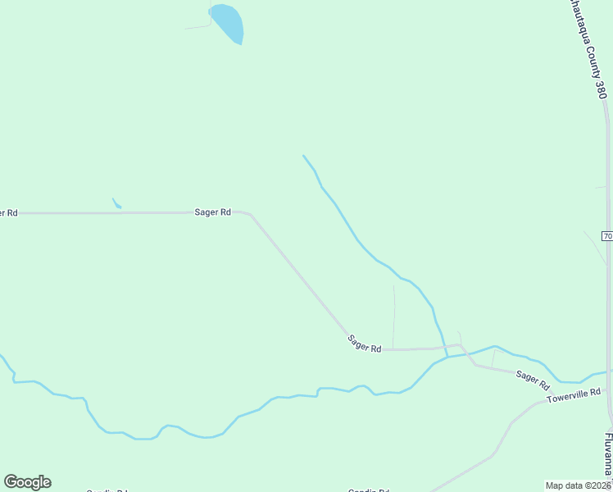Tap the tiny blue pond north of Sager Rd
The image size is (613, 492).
pos(116,203)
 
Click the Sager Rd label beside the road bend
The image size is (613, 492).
pos(212,212)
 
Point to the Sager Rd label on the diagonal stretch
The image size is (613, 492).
pos(364,344)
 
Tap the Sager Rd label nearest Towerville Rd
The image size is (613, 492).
pos(532,378)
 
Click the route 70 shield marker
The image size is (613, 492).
pos(607,236)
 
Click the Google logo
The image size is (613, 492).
pos(27,482)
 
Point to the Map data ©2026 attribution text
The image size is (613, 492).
pos(579,485)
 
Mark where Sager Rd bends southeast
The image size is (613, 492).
pos(250,215)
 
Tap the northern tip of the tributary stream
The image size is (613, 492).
pos(303,155)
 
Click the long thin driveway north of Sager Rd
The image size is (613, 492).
pos(394,316)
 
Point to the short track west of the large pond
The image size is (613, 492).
pos(198,27)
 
